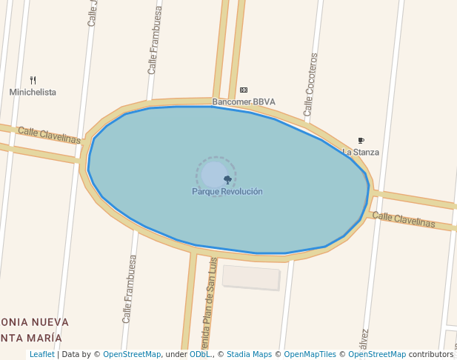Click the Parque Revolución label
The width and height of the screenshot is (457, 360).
(227, 191)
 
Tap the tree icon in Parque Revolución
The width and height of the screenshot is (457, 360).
(227, 179)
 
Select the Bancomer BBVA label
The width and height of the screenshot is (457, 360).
(244, 101)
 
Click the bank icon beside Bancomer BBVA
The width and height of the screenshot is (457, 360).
(244, 90)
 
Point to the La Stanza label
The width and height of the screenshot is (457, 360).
(361, 152)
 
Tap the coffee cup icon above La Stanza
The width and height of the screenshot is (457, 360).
(361, 140)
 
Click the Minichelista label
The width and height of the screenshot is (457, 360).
(33, 92)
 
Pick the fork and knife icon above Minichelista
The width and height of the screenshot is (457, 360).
(33, 80)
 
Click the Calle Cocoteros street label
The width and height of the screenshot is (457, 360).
(310, 84)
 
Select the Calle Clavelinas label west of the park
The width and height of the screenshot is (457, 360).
(49, 135)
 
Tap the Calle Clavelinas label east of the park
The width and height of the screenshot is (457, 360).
(404, 219)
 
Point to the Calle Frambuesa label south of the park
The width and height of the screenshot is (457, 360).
(130, 289)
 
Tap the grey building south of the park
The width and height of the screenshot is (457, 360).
(251, 277)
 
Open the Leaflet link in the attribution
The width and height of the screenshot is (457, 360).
(41, 355)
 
